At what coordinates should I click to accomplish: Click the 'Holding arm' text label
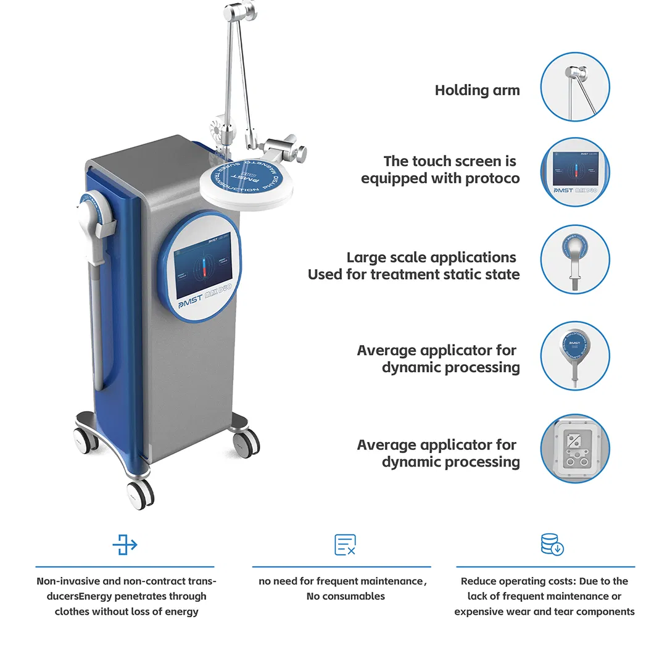click(x=477, y=90)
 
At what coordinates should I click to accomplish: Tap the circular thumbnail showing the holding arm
click(x=575, y=86)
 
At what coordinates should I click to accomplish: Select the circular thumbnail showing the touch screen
click(x=575, y=172)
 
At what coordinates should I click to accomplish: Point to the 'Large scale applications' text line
click(x=431, y=257)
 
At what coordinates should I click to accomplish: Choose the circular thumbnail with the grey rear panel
click(x=575, y=448)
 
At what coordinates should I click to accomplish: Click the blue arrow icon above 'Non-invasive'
click(x=125, y=545)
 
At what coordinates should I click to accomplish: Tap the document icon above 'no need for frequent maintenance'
click(x=345, y=545)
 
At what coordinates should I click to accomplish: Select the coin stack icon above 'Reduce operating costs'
click(x=552, y=545)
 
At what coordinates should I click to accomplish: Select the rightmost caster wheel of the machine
click(x=247, y=443)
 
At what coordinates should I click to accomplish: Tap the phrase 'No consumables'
click(x=346, y=596)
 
